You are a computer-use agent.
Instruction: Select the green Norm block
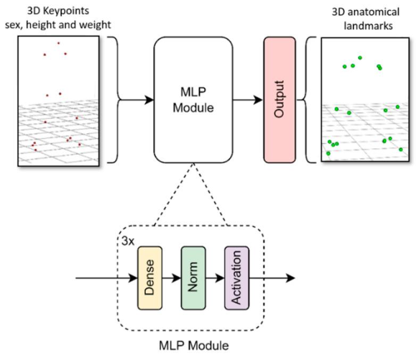193,278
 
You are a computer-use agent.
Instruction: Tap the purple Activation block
237,278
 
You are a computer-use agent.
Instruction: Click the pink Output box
279,99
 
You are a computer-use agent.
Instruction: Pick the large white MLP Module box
193,99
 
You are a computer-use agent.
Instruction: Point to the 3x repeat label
127,241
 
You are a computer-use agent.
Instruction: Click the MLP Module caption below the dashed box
194,346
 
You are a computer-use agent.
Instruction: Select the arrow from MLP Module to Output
247,99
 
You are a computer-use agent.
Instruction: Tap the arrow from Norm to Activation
214,278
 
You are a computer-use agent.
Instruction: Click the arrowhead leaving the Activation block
290,278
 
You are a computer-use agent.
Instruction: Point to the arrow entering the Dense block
106,278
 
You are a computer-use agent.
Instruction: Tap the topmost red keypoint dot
59,43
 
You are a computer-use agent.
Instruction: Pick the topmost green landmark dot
360,57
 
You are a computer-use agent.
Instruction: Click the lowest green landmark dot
328,153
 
